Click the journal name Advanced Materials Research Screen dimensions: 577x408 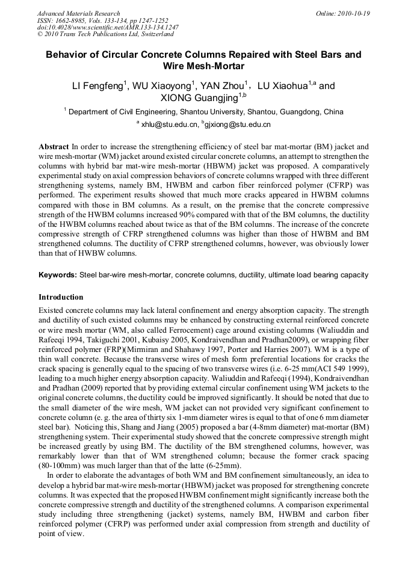pyautogui.click(x=78, y=13)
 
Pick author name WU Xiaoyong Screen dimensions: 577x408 pyautogui.click(x=161, y=86)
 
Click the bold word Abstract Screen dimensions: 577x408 pyautogui.click(x=54, y=147)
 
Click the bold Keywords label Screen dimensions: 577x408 pyautogui.click(x=58, y=275)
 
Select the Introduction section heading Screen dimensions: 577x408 pyautogui.click(x=61, y=297)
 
